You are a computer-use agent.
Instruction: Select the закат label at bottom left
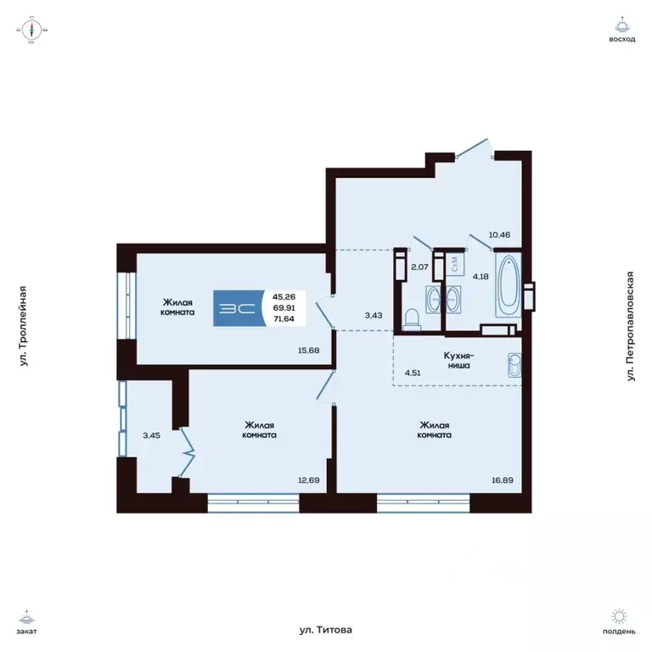[31, 631]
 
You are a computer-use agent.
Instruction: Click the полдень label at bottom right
[621, 631]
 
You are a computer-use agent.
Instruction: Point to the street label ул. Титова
[325, 630]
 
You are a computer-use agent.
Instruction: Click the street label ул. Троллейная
[25, 326]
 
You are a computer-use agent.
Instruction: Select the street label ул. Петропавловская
[630, 326]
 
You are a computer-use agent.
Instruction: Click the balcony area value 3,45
[150, 436]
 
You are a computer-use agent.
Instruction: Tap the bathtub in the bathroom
[509, 284]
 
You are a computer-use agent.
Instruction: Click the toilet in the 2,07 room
[412, 318]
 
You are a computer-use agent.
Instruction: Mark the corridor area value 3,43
[374, 316]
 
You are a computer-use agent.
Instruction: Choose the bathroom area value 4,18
[480, 276]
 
